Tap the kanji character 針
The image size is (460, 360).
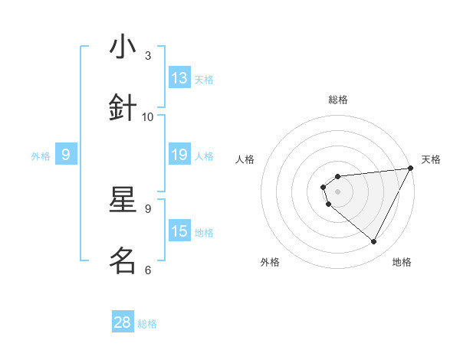tap(123, 108)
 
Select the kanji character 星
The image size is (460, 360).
tap(123, 201)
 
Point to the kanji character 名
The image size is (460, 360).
tap(123, 261)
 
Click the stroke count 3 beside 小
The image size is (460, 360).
tap(148, 56)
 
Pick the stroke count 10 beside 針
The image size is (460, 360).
tap(148, 116)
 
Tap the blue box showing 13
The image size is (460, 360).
tap(179, 78)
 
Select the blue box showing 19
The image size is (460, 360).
tap(179, 155)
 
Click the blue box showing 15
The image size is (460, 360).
tap(179, 232)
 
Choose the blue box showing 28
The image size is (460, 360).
tap(123, 322)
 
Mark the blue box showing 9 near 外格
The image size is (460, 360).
tap(66, 155)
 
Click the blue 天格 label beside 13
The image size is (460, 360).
tap(204, 79)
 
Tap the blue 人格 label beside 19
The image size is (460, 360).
tap(204, 156)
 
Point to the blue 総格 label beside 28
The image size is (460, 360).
tap(147, 323)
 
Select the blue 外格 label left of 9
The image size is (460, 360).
tap(41, 156)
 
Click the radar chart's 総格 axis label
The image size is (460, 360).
tap(338, 100)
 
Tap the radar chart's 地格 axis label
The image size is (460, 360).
tap(402, 262)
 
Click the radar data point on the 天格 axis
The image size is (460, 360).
tap(410, 168)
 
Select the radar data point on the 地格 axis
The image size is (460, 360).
tap(374, 241)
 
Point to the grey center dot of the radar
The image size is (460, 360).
tap(338, 191)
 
